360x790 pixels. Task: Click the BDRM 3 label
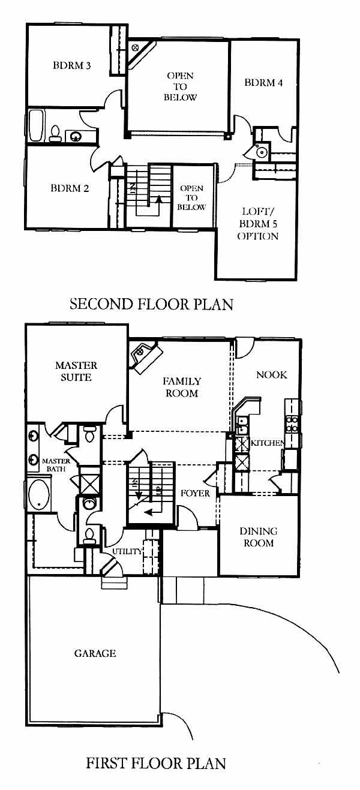pos(71,65)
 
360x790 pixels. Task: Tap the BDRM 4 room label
pos(263,83)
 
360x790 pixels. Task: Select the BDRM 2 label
pos(70,188)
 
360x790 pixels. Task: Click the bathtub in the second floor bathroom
pos(36,126)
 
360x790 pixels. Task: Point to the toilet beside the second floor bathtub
pos(55,134)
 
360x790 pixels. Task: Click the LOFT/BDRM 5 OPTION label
pos(259,224)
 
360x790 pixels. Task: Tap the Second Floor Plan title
pos(151,304)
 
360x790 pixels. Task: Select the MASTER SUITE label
pos(76,371)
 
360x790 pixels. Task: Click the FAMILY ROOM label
pos(182,387)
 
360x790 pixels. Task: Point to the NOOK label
pos(271,374)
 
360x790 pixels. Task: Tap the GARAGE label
pos(95,653)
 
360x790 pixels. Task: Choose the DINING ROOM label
pos(259,537)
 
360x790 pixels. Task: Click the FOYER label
pos(195,493)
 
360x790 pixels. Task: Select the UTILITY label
pos(127,551)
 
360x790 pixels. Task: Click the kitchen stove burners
pos(291,424)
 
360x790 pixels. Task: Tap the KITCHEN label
pos(267,443)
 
